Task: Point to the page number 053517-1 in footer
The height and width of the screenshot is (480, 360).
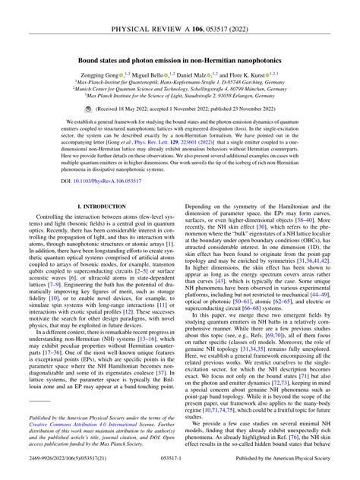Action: pyautogui.click(x=179, y=469)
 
